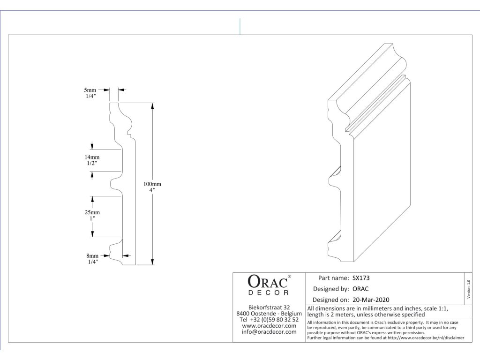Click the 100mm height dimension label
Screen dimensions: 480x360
click(152, 184)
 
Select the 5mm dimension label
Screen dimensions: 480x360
click(90, 89)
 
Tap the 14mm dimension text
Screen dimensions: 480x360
click(92, 157)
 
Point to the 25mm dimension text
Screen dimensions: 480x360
click(92, 212)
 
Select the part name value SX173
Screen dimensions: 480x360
click(361, 277)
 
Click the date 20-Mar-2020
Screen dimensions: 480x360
click(371, 300)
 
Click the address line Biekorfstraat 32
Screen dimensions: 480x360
click(269, 307)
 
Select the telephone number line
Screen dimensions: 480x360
click(269, 319)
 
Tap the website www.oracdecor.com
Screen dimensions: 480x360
click(269, 325)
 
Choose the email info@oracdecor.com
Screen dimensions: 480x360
click(269, 332)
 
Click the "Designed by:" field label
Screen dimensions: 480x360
click(330, 289)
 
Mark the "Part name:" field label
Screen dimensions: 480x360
click(333, 277)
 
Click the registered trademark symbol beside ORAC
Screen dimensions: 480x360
click(289, 277)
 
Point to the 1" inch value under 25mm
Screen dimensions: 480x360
click(92, 218)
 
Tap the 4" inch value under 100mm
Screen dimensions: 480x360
click(152, 190)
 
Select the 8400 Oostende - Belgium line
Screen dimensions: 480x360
click(269, 313)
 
